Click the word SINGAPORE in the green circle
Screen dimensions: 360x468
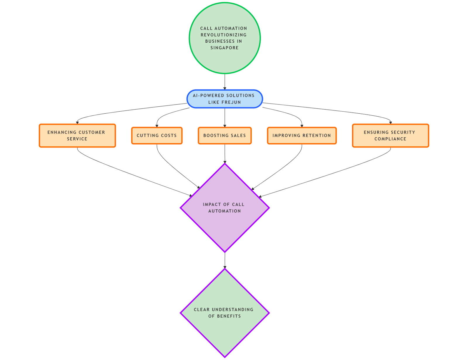click(x=224, y=48)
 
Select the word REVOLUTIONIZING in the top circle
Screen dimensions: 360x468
click(x=223, y=35)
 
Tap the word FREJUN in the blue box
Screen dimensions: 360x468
click(x=231, y=102)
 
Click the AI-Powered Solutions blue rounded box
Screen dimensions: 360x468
click(x=225, y=99)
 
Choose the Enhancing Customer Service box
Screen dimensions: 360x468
click(x=77, y=136)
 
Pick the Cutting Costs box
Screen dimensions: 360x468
click(x=157, y=136)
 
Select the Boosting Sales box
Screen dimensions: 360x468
click(x=225, y=136)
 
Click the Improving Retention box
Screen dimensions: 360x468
click(x=302, y=136)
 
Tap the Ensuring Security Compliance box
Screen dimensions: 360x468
click(x=390, y=136)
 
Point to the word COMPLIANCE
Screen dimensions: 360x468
click(x=390, y=139)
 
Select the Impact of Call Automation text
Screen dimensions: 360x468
click(x=224, y=207)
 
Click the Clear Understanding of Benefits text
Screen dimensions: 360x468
click(x=224, y=313)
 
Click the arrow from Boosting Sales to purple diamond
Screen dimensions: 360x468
click(x=225, y=153)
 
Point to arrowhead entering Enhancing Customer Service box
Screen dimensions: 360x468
click(x=77, y=122)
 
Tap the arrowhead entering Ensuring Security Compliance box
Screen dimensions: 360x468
click(x=390, y=122)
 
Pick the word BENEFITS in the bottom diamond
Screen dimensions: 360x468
click(x=229, y=316)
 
